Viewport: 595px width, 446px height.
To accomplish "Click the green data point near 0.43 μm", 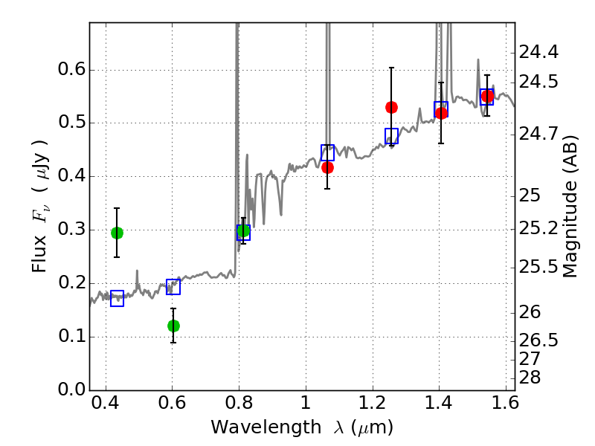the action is click(117, 233).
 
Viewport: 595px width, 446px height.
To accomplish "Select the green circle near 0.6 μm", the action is click(173, 326).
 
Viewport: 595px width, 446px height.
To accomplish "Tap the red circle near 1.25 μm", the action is click(391, 108).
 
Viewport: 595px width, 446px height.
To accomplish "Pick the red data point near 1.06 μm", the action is click(327, 168).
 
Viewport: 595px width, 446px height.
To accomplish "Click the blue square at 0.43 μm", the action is click(117, 299).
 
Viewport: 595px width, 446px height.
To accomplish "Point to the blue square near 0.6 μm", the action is click(173, 287).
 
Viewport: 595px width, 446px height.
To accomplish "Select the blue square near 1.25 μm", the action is click(392, 136).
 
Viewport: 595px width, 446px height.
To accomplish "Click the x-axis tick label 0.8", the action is click(239, 403).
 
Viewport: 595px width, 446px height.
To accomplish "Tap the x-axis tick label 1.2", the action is click(373, 403).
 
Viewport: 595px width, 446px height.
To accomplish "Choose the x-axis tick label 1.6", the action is click(506, 403).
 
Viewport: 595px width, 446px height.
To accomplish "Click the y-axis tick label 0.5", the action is click(71, 123).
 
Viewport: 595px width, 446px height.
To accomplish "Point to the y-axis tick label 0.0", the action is click(71, 390).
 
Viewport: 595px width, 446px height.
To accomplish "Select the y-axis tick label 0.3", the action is click(71, 230).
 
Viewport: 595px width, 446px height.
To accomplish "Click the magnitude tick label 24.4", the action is click(538, 52).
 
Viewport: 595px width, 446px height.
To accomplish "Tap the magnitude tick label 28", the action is click(530, 378).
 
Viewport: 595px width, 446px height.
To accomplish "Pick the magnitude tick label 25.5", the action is click(538, 268).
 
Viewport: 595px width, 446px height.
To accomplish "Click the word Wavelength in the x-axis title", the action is click(266, 427).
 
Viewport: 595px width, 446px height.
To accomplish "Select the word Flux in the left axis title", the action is click(39, 254).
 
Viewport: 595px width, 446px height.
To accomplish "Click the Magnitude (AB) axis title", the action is click(569, 207).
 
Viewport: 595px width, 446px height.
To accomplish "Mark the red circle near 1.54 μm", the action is click(487, 96).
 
